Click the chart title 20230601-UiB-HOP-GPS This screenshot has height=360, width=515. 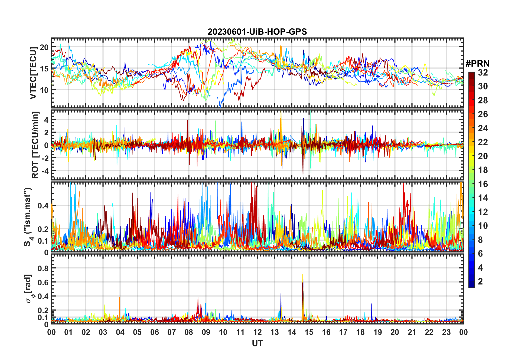[x=257, y=32]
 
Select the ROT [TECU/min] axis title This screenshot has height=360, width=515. [x=35, y=145]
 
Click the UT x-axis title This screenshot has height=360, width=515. [x=257, y=343]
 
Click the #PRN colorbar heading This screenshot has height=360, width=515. [x=477, y=64]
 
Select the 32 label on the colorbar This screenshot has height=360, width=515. [x=483, y=73]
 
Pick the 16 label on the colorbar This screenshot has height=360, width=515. [x=483, y=184]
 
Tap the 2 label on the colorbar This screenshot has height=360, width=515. [x=480, y=282]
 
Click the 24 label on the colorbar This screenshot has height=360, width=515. [x=483, y=128]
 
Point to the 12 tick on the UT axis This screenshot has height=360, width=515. [x=257, y=332]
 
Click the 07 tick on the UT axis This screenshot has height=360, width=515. [x=172, y=332]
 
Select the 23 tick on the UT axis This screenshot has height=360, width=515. [x=446, y=332]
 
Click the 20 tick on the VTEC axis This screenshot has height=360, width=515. [x=44, y=47]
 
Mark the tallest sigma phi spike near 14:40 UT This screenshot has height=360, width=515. [x=303, y=275]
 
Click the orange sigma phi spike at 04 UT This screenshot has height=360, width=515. [x=119, y=298]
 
